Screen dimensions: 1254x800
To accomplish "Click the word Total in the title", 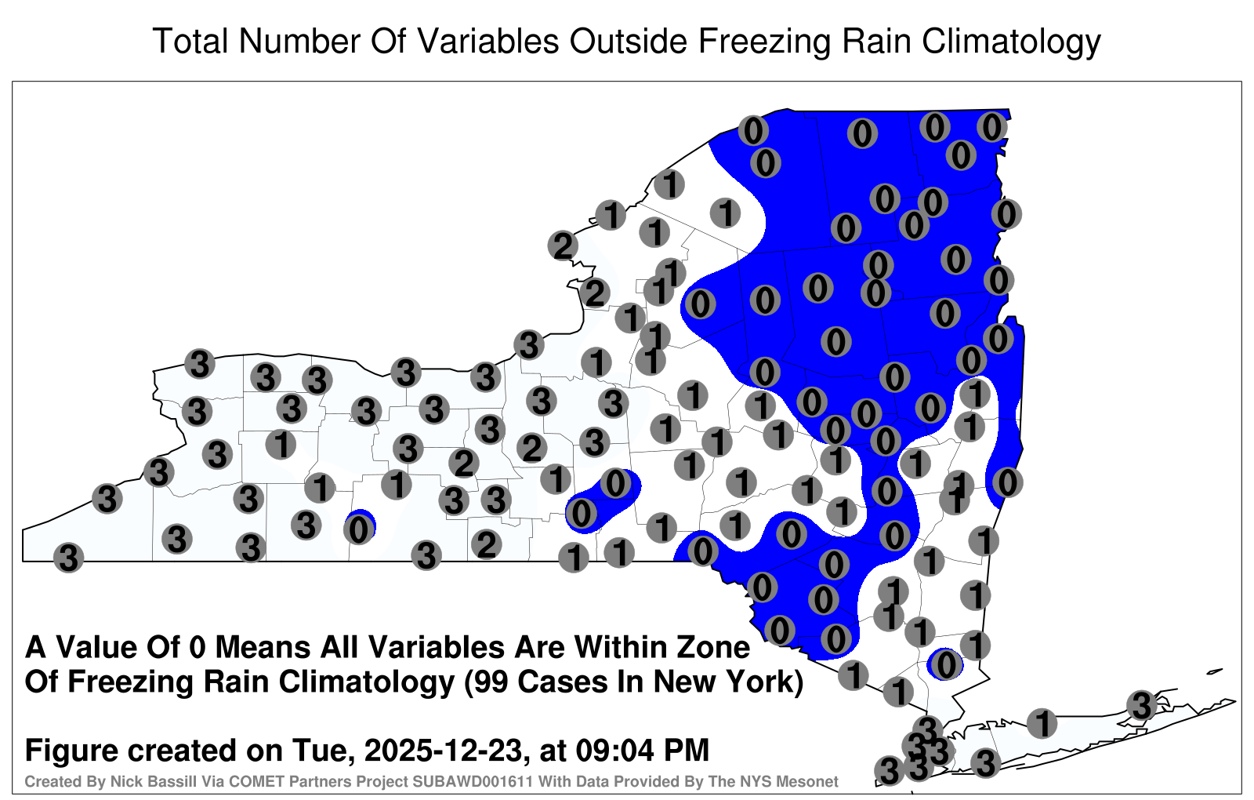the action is pos(190,41).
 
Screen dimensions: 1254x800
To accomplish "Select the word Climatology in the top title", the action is pos(1011,42).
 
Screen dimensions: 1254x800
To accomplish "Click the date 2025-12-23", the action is pos(442,750).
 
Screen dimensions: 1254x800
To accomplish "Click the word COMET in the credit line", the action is pos(272,781).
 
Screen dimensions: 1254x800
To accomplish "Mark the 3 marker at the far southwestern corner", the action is pos(68,558).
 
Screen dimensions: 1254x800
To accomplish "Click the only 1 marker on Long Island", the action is pos(1042,722).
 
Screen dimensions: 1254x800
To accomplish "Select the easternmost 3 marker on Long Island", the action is pos(1141,705).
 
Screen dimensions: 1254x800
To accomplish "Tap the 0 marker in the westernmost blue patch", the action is pos(360,529).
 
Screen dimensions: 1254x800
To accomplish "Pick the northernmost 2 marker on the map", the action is pos(563,245).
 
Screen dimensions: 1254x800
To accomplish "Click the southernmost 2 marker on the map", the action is pos(486,544).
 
